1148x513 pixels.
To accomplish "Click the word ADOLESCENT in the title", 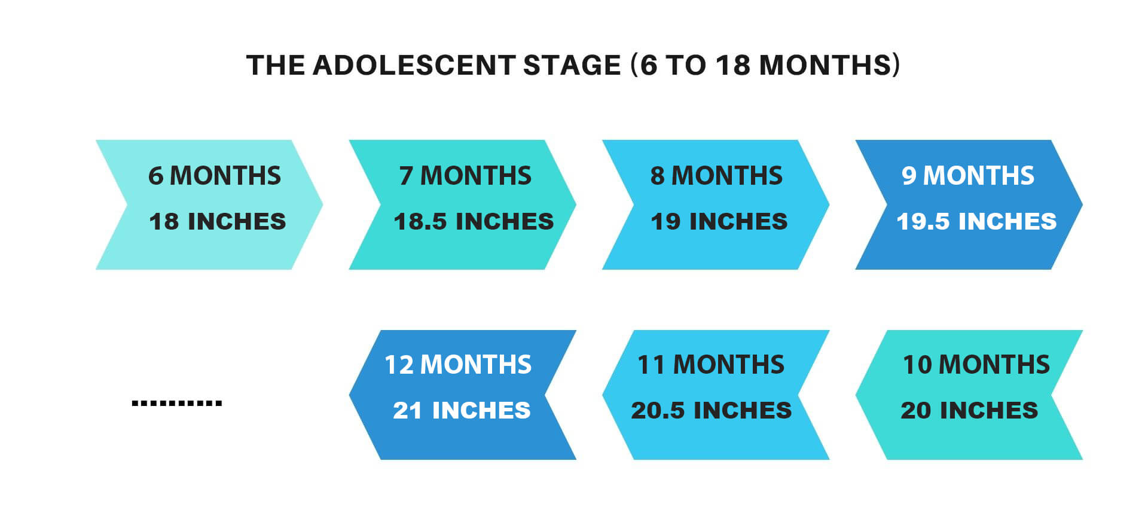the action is (x=414, y=65).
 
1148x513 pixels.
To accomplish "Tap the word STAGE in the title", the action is (x=572, y=65).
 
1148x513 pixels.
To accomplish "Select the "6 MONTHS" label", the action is (x=215, y=176).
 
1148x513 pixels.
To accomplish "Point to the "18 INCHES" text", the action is (x=217, y=221).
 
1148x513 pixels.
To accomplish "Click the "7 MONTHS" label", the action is (x=465, y=176).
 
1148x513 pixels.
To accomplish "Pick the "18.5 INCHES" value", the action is (x=474, y=221).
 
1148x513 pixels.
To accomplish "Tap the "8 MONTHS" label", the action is (x=716, y=176).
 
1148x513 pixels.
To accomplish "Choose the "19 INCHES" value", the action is (x=719, y=221).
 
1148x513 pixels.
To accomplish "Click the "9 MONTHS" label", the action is (x=968, y=176).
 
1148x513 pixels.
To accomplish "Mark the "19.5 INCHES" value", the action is (x=976, y=221).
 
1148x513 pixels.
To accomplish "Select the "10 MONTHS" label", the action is (x=976, y=365).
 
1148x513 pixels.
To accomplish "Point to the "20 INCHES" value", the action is (x=969, y=410).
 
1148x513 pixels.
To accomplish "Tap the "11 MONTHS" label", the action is (x=711, y=365).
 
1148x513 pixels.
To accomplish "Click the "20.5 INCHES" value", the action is (x=712, y=410).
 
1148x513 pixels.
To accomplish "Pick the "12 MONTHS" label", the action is (x=458, y=365).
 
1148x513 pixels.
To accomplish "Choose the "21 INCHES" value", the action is (x=462, y=410).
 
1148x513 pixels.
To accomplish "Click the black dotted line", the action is (x=177, y=404).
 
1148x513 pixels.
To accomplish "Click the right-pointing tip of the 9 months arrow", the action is (x=1082, y=204).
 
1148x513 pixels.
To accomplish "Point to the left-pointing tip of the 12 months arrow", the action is (x=350, y=395).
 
